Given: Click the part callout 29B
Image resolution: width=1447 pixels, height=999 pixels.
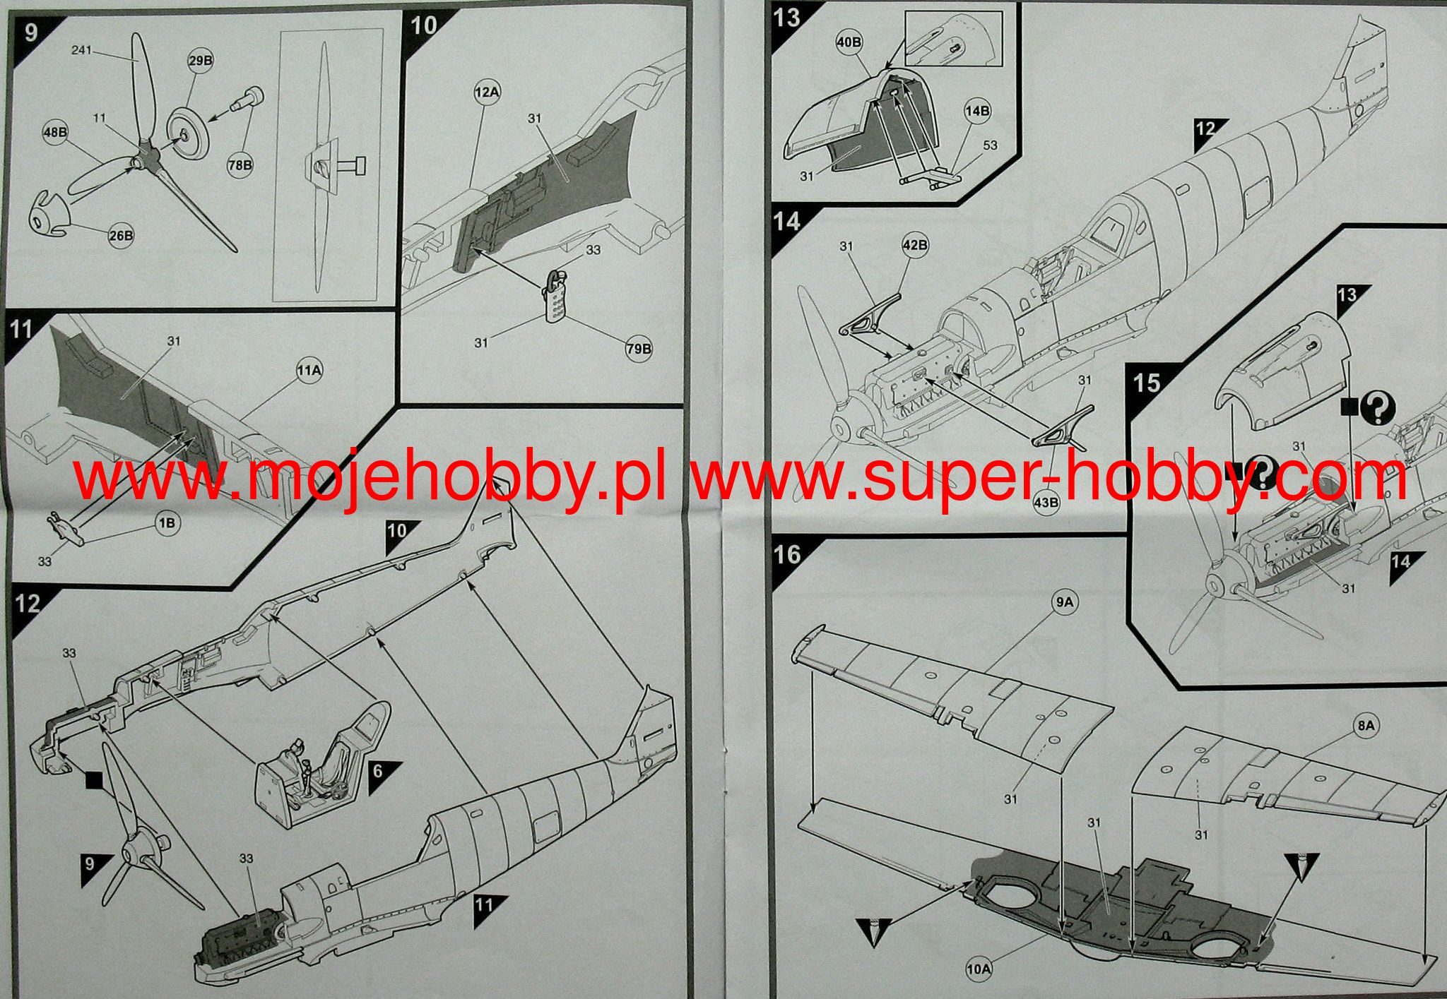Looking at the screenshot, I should coord(200,61).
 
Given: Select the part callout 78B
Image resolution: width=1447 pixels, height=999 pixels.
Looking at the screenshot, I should coord(240,164).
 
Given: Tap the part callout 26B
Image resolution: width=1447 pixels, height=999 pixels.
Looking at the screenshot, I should coord(120,236).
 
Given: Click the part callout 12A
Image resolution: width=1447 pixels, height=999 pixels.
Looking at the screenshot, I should coord(487,92).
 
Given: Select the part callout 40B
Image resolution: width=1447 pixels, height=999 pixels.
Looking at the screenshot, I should coord(849,42).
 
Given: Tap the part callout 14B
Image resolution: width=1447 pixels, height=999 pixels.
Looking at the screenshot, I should coord(978,111).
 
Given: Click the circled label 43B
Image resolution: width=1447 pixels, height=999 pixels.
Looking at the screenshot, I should coord(1046,503).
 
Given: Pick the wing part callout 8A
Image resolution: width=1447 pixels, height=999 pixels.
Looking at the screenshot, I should coord(1366,726).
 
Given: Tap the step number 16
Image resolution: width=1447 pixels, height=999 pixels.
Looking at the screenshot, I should coord(786,554).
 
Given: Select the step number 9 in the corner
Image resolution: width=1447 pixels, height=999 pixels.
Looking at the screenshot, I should coord(30,33).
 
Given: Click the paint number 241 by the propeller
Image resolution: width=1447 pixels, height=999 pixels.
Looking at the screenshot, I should coord(82,50).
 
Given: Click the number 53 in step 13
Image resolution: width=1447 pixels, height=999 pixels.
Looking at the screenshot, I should coord(990,145).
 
